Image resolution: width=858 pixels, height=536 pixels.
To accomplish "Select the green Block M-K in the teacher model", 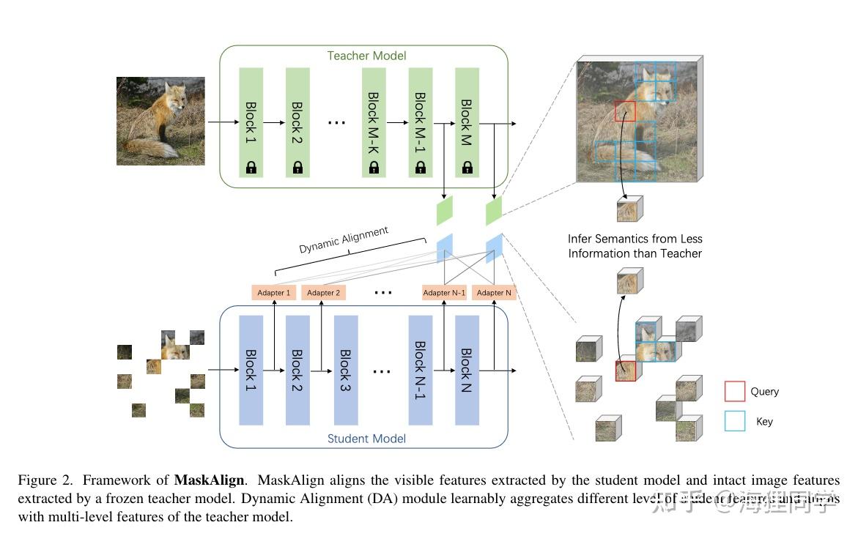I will click(374, 122).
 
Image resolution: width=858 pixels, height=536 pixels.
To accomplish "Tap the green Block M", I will click(467, 122).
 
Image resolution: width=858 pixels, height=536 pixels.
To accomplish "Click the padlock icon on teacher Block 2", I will click(297, 168).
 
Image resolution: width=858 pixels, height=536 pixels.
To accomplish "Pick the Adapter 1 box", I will click(273, 292).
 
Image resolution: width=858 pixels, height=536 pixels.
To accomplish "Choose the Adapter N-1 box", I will click(444, 292).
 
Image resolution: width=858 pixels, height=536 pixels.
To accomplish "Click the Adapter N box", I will click(494, 292).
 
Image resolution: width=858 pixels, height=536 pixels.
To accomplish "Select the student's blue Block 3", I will click(346, 371).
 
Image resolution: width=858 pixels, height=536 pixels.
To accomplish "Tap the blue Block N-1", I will click(421, 371).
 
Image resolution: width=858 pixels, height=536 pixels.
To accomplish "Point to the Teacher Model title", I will click(366, 56).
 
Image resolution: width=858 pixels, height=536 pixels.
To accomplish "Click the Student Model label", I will click(366, 439).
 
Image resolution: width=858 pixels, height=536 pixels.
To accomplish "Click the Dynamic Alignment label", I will click(344, 240).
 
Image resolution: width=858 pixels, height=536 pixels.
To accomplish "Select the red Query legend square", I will click(735, 391).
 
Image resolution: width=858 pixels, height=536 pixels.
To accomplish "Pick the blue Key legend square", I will click(735, 420).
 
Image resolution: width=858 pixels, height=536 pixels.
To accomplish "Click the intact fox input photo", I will click(160, 121).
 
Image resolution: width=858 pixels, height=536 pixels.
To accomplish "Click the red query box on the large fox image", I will click(625, 111).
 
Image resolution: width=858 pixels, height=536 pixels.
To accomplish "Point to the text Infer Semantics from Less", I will click(635, 239).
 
